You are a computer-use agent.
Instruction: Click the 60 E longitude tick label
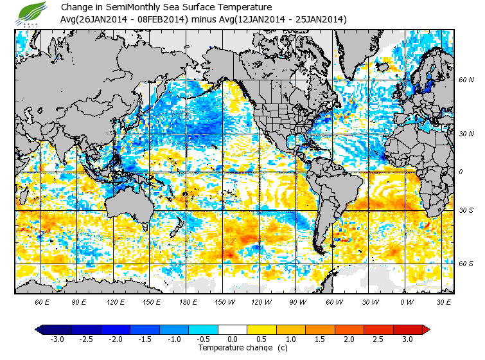point(42,301)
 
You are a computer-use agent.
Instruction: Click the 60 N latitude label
point(466,80)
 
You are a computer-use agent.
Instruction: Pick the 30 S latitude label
point(466,210)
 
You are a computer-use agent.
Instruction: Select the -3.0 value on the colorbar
point(57,339)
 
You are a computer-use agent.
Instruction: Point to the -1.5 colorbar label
point(146,339)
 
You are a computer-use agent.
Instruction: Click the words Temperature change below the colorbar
point(225,348)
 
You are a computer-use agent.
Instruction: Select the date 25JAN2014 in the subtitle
point(319,19)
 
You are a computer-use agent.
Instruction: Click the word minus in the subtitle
point(204,19)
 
